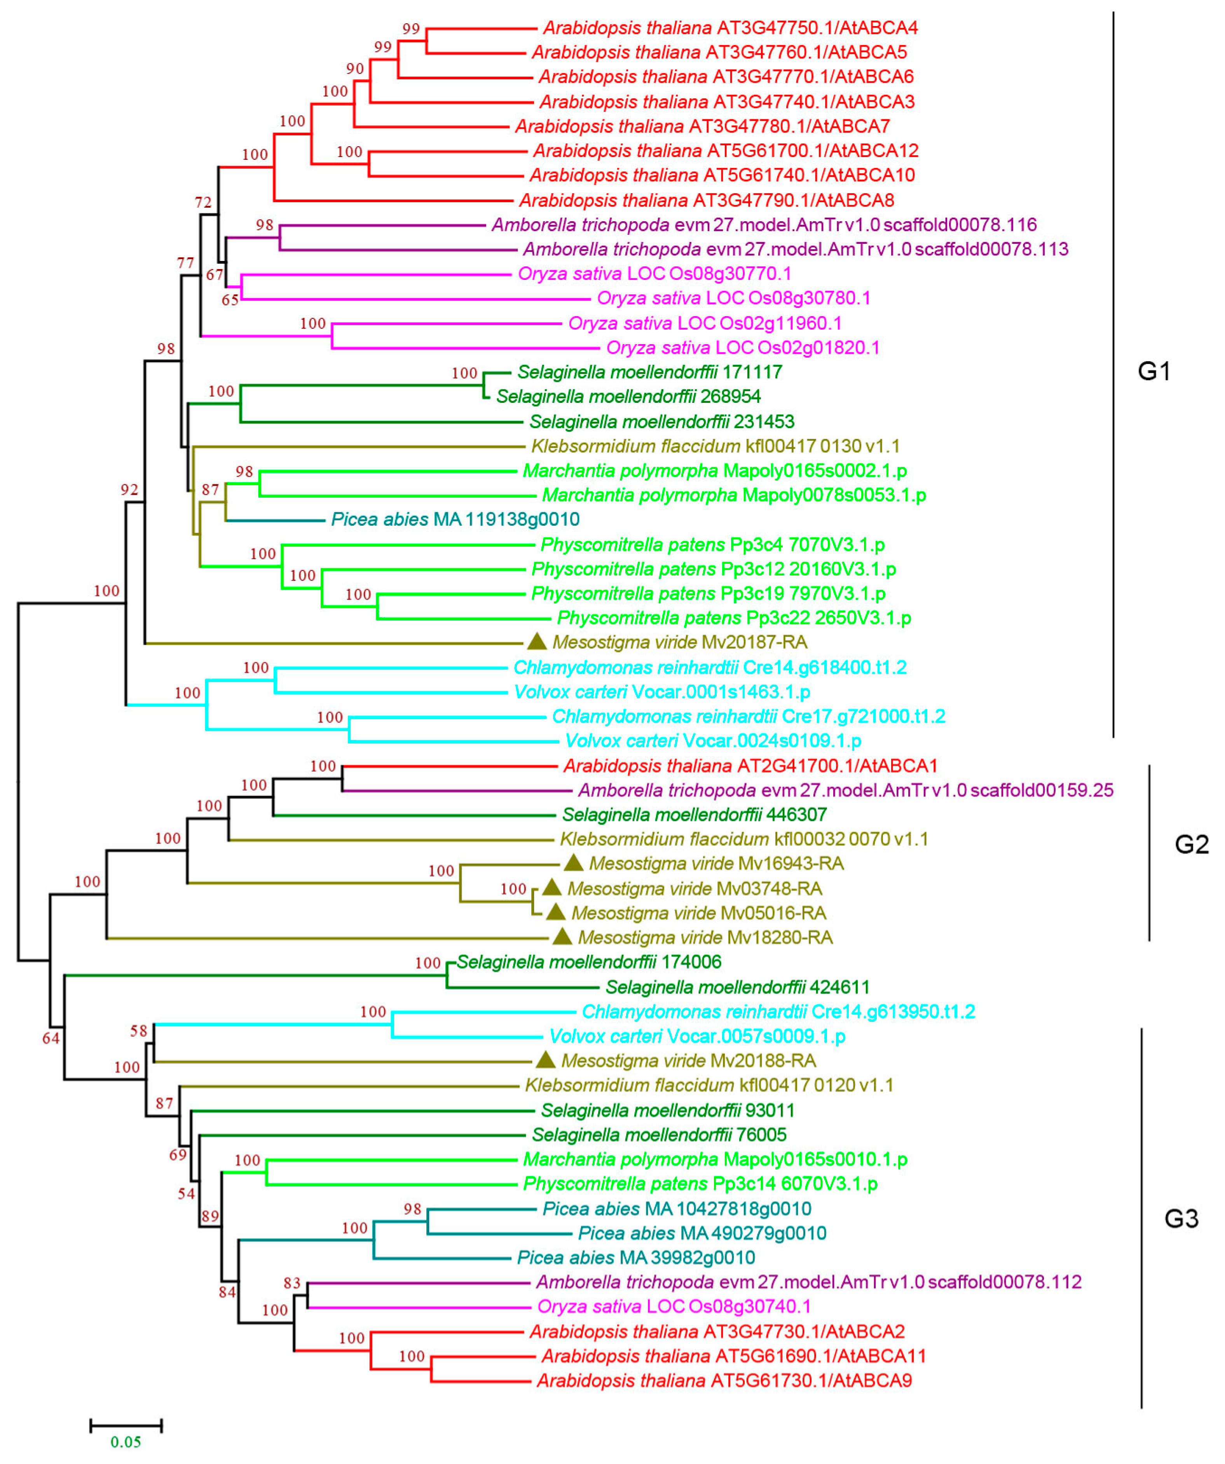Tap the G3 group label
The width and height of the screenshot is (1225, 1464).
(x=1181, y=1219)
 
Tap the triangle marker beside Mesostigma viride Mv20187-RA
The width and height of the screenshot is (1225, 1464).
(x=537, y=641)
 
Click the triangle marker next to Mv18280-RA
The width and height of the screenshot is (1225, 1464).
(x=562, y=936)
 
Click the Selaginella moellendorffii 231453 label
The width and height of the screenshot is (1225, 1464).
(x=661, y=422)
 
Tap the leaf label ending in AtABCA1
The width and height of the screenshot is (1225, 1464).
(x=750, y=766)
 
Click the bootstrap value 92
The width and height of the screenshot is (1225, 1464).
(x=129, y=490)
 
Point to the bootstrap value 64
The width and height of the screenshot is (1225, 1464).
(x=51, y=1039)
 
